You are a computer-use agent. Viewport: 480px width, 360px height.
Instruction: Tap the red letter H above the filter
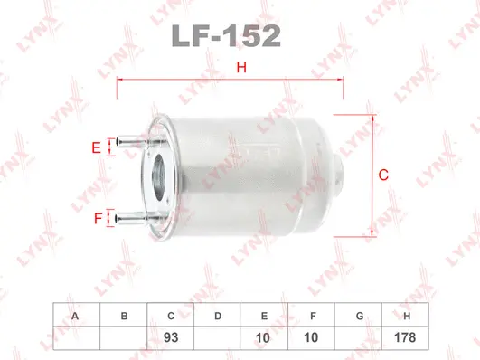pyautogui.click(x=240, y=66)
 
